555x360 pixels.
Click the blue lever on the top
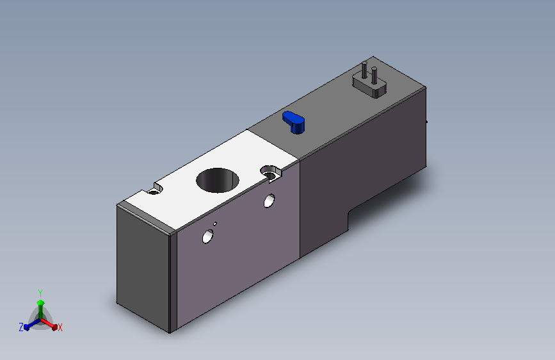pyautogui.click(x=293, y=122)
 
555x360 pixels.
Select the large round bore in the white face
pyautogui.click(x=218, y=181)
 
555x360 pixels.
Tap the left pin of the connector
pyautogui.click(x=364, y=70)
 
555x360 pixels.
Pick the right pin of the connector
pyautogui.click(x=374, y=76)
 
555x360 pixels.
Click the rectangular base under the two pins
pyautogui.click(x=369, y=85)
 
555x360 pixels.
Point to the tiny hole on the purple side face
pyautogui.click(x=215, y=224)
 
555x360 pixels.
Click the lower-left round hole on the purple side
pyautogui.click(x=208, y=236)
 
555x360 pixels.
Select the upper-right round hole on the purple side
pyautogui.click(x=269, y=200)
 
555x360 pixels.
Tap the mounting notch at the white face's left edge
pyautogui.click(x=156, y=189)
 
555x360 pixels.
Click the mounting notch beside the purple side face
pyautogui.click(x=271, y=173)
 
